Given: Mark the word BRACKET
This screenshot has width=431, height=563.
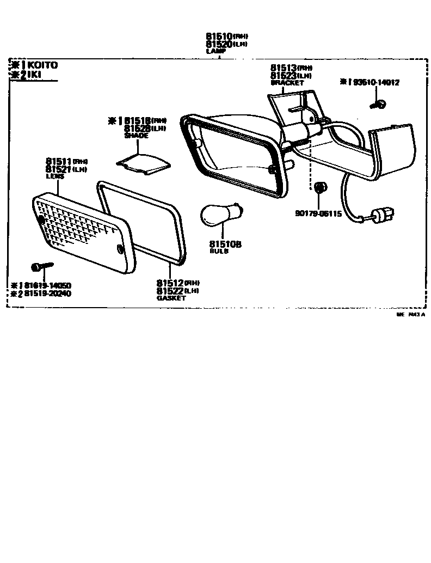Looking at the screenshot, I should [x=287, y=83].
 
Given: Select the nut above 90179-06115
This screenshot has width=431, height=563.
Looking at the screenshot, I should [x=319, y=188].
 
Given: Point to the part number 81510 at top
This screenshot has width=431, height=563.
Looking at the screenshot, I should [x=219, y=35].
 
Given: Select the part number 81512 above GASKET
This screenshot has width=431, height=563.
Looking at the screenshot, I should [x=170, y=283].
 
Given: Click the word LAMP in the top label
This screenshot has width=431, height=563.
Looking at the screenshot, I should [x=215, y=51].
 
